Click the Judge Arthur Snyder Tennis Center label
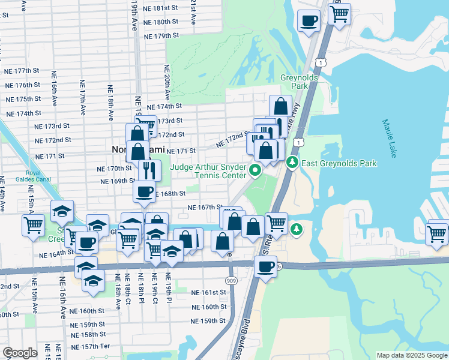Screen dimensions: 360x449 pos(208,171)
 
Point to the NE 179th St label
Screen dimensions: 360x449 pos(162,36)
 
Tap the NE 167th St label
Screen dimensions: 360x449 pos(205,207)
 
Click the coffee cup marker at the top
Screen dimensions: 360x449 pos(309,20)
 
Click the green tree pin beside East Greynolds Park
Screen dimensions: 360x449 pos(292,162)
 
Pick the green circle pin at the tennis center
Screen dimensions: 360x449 pos(255,171)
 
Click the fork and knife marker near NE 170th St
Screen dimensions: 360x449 pos(149,170)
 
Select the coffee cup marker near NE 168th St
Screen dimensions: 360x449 pos(144,192)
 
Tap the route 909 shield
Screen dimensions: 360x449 pos(232,280)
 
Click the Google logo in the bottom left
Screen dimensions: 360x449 pos(20,353)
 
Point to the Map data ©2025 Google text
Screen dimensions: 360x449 pos(412,356)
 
